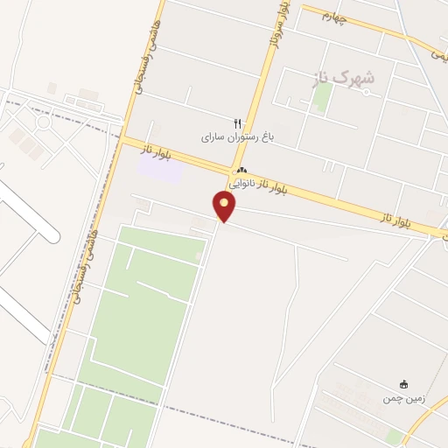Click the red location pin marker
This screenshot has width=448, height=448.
tap(225, 206)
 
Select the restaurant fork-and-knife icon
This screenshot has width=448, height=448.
tap(235, 124)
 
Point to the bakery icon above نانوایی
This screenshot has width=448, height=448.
tap(241, 171)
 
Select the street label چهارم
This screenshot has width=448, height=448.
tap(334, 16)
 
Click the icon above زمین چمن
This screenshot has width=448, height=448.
tap(403, 384)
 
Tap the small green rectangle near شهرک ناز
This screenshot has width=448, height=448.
tap(322, 98)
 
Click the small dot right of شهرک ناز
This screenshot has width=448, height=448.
tap(367, 92)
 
